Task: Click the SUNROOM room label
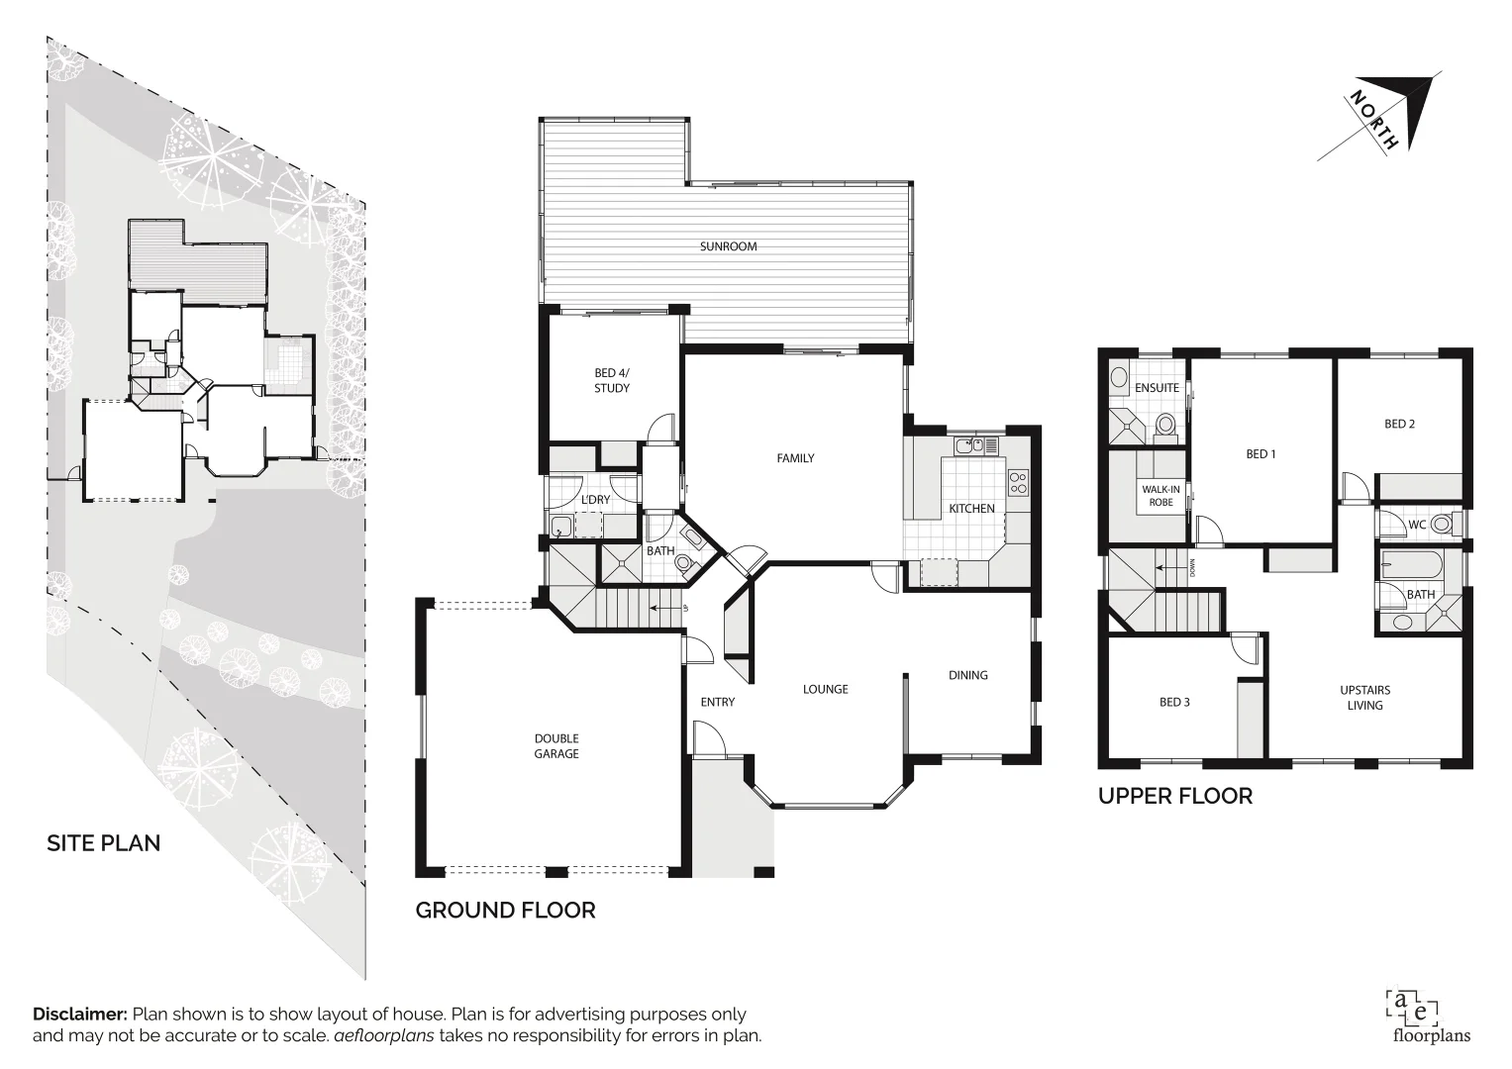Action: pos(728,246)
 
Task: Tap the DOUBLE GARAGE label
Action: pos(556,746)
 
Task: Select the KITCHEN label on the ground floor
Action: pos(971,509)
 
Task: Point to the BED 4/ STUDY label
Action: pos(612,381)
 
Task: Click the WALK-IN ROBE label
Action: pos(1160,496)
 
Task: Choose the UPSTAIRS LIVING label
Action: pos(1364,698)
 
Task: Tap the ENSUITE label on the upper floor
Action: pos(1157,388)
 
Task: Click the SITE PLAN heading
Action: pos(104,843)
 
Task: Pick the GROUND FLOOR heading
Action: pos(505,911)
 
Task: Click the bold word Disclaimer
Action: pos(80,1015)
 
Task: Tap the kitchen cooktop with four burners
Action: pos(1018,483)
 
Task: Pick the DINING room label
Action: pos(967,675)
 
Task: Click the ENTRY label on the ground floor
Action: pos(718,703)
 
